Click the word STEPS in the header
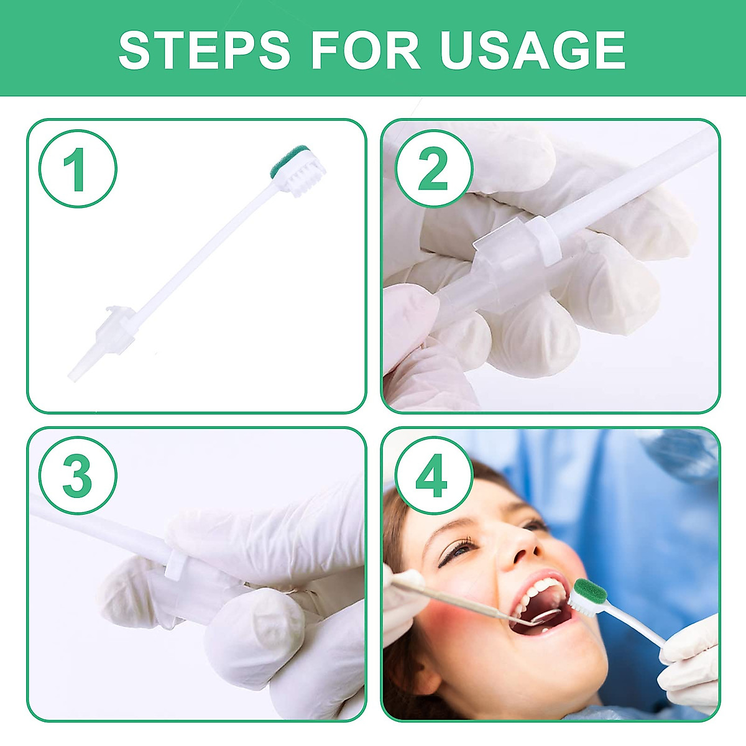coord(204,50)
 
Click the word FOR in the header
coord(366,50)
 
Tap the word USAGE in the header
coord(533,50)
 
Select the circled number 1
coord(78,168)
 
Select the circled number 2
coord(433,168)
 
